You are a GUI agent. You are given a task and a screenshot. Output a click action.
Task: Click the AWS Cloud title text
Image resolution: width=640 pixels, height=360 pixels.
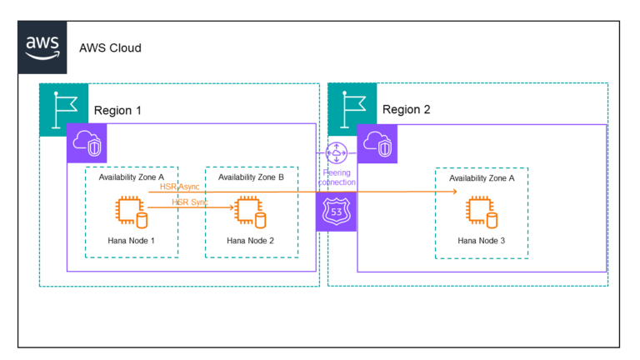tap(110, 47)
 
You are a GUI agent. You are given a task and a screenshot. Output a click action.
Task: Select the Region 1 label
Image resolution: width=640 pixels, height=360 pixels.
tap(117, 111)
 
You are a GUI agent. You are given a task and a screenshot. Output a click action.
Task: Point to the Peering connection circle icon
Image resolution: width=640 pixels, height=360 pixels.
tap(337, 153)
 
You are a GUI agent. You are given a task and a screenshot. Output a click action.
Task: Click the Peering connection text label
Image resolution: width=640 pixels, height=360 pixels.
tap(337, 177)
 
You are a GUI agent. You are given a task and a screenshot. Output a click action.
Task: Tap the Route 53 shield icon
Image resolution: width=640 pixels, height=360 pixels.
tap(337, 210)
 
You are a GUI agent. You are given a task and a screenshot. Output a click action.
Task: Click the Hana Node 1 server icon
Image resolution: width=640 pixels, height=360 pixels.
tap(131, 213)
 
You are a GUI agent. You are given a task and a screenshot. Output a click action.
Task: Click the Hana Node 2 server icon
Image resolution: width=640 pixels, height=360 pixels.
tap(251, 213)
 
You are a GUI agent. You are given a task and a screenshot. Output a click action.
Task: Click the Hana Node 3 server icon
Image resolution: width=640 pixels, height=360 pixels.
tap(481, 213)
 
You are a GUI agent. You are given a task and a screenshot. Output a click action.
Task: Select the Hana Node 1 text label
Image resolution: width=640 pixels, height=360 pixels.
tap(131, 241)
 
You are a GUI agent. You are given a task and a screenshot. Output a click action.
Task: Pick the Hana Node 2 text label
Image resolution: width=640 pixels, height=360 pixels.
tap(251, 241)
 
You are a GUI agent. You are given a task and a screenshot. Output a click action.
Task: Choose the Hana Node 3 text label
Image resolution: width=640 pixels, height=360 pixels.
tap(481, 241)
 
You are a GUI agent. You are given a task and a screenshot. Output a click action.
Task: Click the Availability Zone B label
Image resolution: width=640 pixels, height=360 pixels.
tap(251, 177)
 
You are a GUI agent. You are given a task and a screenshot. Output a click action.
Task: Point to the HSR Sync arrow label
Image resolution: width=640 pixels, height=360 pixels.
tap(189, 202)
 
